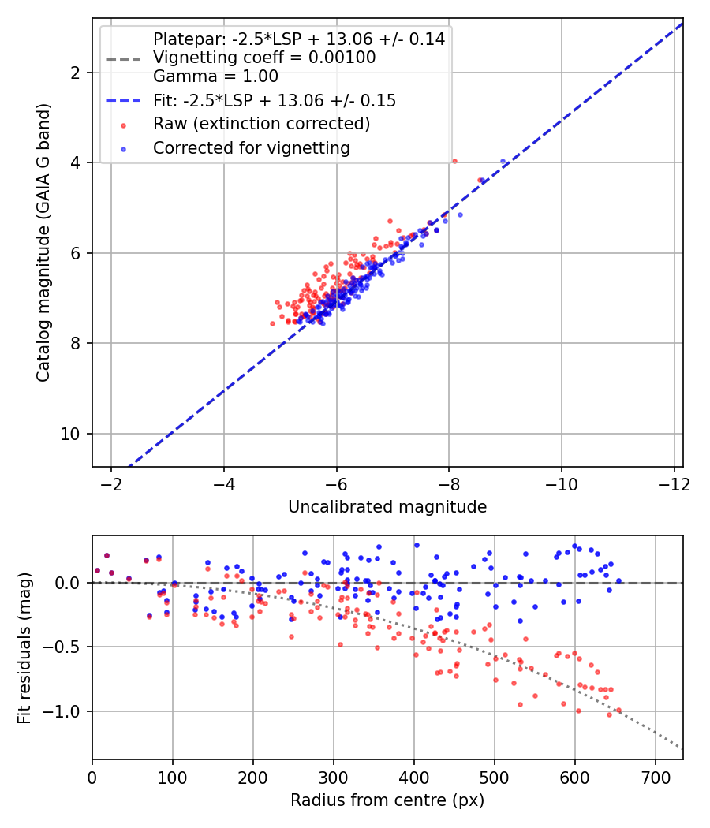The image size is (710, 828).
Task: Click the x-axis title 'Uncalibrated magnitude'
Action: pos(387,507)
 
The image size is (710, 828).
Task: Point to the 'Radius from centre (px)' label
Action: pos(387,800)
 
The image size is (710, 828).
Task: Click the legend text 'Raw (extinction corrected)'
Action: pos(261,125)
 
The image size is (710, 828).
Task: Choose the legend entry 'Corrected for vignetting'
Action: pos(252,148)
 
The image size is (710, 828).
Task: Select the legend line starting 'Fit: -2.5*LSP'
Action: pos(275,101)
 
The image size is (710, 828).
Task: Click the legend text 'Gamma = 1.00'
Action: pos(215,77)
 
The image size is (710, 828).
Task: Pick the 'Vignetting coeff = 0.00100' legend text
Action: pos(264,58)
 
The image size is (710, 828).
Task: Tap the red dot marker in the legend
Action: pos(123,125)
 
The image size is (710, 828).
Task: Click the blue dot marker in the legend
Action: pos(123,148)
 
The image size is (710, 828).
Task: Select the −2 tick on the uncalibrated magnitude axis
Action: pos(111,483)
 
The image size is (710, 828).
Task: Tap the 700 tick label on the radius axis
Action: pos(656,777)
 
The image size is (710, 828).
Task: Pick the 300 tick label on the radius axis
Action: pos(334,777)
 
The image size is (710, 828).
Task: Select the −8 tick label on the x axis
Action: pos(449,483)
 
